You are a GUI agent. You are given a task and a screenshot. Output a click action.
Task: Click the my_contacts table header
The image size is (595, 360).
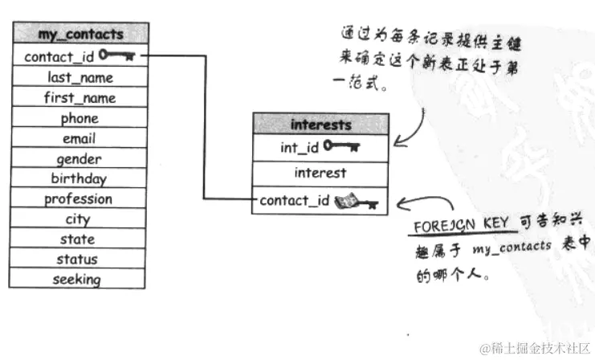coord(80,34)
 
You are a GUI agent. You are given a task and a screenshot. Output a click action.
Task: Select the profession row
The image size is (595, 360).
coord(79,199)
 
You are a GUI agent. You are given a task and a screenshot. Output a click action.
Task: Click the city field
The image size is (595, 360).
coord(79,219)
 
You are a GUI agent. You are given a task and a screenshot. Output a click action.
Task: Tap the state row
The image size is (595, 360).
coord(79,239)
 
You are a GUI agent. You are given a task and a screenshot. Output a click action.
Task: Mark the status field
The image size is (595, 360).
coord(79,260)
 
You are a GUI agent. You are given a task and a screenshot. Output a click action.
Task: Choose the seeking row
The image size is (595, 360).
coord(78,280)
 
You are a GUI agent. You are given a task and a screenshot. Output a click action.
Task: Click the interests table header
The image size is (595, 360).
coord(320,125)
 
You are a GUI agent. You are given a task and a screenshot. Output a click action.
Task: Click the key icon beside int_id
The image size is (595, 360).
coord(342,146)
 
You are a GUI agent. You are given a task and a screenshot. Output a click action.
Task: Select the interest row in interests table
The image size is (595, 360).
coord(320,173)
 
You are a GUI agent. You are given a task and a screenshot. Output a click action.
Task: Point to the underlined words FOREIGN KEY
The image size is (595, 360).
coord(450,227)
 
